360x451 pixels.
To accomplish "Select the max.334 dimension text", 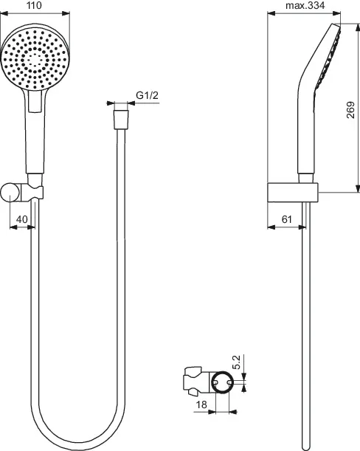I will click(x=305, y=6).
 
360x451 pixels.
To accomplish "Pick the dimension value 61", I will click(x=287, y=219).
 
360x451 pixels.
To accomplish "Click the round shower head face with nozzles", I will click(x=35, y=59).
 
